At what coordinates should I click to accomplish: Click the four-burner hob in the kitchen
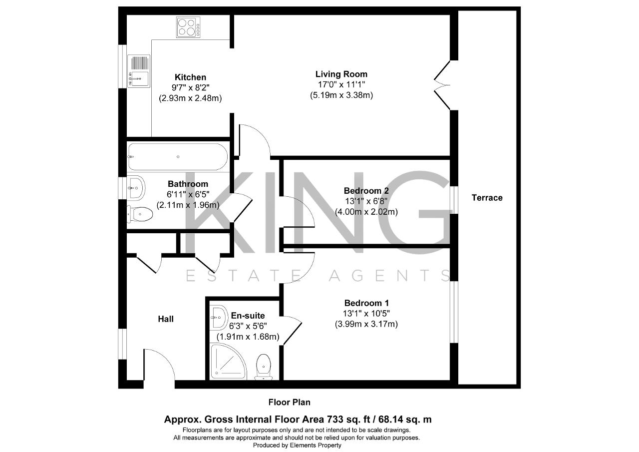[x=188, y=27]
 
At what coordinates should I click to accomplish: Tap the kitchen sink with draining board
[x=139, y=71]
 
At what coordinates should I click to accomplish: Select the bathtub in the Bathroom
[x=178, y=157]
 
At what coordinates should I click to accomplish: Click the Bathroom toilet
[x=140, y=213]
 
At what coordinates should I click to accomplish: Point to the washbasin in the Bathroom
[x=136, y=188]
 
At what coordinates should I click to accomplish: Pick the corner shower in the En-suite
[x=228, y=362]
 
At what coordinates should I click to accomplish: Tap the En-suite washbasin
[x=219, y=318]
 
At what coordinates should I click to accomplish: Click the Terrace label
[x=487, y=197]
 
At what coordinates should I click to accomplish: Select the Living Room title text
[x=341, y=74]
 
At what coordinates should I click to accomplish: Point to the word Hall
[x=166, y=319]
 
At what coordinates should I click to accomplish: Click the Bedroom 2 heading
[x=366, y=191]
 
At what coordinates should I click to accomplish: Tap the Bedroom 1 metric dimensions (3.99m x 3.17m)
[x=366, y=324]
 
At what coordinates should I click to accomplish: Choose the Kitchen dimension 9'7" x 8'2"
[x=190, y=87]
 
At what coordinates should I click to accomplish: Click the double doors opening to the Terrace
[x=442, y=85]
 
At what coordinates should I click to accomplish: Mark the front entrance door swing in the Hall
[x=159, y=365]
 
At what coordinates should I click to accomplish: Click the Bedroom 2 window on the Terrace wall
[x=454, y=200]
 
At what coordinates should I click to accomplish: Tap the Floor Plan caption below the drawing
[x=289, y=403]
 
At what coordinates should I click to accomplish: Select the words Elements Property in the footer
[x=316, y=445]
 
